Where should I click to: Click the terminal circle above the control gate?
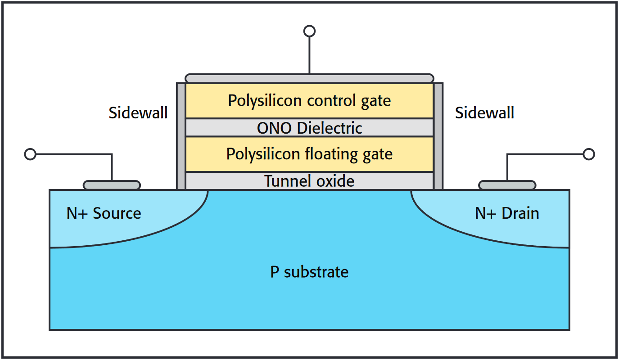pyautogui.click(x=309, y=31)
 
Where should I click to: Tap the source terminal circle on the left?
pyautogui.click(x=30, y=154)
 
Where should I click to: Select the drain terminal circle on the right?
pyautogui.click(x=588, y=154)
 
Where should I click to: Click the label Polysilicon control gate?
pyautogui.click(x=309, y=100)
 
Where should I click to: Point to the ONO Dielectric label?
pyautogui.click(x=309, y=128)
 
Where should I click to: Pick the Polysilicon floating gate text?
pyautogui.click(x=309, y=154)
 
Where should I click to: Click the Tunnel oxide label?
pyautogui.click(x=309, y=181)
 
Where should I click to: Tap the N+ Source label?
pyautogui.click(x=104, y=213)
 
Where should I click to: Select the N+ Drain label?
pyautogui.click(x=507, y=213)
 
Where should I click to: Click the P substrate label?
pyautogui.click(x=309, y=272)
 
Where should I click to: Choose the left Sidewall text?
pyautogui.click(x=138, y=112)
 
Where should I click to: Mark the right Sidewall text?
pyautogui.click(x=484, y=112)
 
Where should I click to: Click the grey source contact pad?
pyautogui.click(x=112, y=185)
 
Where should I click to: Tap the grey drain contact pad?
pyautogui.click(x=507, y=185)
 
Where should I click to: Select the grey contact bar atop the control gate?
pyautogui.click(x=309, y=78)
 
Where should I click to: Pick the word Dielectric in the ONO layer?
pyautogui.click(x=330, y=128)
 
